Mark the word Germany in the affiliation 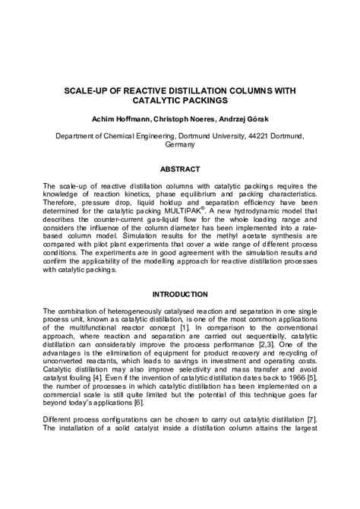coord(180,144)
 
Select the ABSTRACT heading coord(180,169)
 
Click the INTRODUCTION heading coord(180,294)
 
